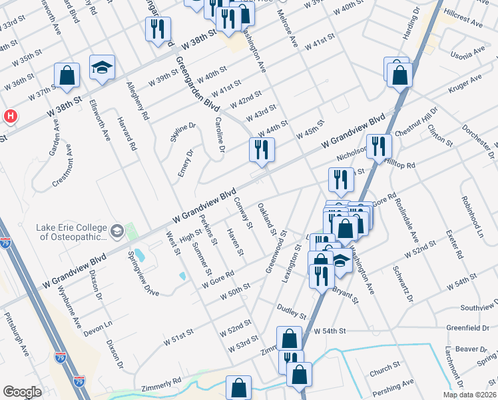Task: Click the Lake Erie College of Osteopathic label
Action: coord(71,232)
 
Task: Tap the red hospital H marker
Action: coord(10,116)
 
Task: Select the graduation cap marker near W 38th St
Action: coord(103,68)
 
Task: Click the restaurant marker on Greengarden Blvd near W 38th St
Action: coord(158,29)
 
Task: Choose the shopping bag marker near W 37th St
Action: coord(67,76)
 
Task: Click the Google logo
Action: coord(22,391)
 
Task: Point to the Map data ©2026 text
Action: coord(469,394)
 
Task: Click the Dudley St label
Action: coord(291,311)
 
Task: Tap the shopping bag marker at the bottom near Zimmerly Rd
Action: coord(239,387)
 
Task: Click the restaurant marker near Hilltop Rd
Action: coord(379,147)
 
